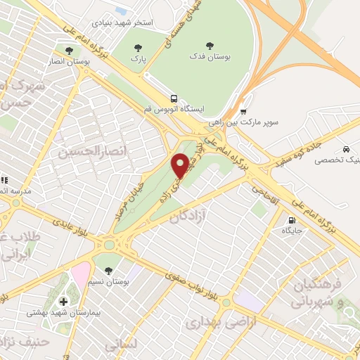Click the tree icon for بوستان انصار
point(68,51)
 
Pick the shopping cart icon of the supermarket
point(243,111)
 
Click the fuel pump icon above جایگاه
point(292,219)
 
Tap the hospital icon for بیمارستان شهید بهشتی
point(63,301)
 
